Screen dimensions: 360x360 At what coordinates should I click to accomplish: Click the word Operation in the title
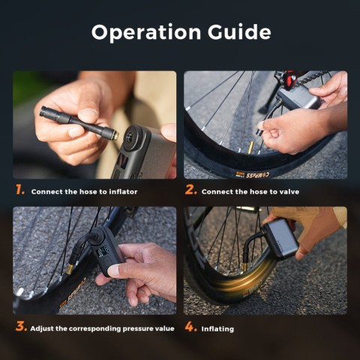(146, 32)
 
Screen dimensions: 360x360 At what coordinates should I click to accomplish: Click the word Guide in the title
(239, 32)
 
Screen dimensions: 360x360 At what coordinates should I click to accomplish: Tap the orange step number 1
(19, 190)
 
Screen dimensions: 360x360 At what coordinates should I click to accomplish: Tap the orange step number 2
(191, 190)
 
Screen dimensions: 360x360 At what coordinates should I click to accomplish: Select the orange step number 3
(21, 326)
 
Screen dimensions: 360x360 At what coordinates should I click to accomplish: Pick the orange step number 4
(191, 327)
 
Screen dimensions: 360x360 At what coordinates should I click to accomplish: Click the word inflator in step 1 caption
(123, 192)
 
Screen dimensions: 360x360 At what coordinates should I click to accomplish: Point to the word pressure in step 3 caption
(138, 328)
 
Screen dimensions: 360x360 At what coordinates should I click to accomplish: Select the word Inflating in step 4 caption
(217, 329)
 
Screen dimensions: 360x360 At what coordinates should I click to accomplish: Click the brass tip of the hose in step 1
(115, 136)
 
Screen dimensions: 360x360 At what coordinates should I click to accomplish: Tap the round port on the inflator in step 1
(131, 136)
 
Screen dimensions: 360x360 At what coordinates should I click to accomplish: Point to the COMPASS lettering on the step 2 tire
(256, 175)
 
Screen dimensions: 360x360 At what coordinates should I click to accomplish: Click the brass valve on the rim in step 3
(70, 269)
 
